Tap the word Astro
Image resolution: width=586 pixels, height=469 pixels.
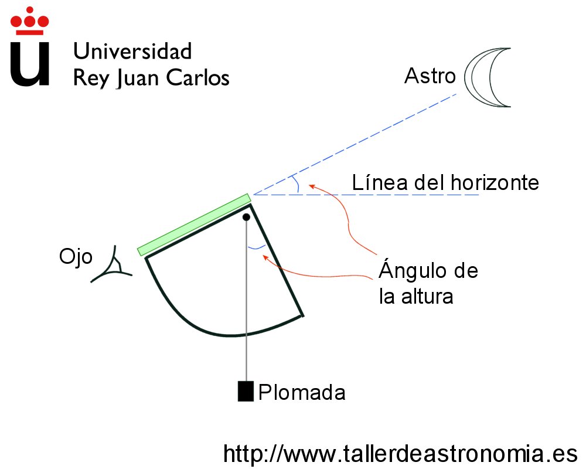430,76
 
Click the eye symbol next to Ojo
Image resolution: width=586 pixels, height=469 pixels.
114,267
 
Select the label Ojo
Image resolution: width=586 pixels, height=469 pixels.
76,257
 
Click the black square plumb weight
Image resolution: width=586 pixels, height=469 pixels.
246,391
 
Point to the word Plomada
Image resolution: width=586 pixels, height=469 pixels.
302,392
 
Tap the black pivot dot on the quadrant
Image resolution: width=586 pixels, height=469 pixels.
247,217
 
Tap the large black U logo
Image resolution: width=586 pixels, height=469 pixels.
30,64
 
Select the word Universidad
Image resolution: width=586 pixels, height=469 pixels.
132,52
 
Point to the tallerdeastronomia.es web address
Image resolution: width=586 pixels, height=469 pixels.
401,453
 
